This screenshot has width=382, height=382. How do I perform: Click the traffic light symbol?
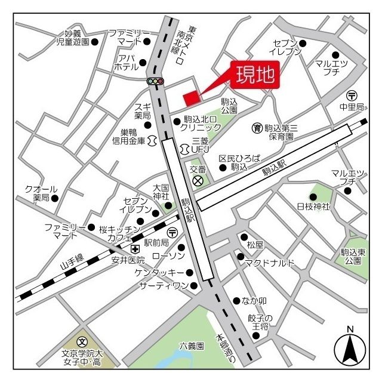click(x=155, y=81)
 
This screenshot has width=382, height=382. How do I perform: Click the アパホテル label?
click(x=126, y=62)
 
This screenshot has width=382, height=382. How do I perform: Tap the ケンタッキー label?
click(x=159, y=272)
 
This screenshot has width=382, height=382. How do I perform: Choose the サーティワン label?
click(x=163, y=286)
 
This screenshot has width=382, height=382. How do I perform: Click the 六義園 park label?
click(x=192, y=346)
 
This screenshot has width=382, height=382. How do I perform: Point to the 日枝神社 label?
click(x=313, y=207)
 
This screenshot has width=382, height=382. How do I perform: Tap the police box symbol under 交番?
click(x=198, y=181)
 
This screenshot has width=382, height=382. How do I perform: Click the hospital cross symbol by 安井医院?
click(x=135, y=249)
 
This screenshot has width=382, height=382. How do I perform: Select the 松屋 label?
click(x=255, y=245)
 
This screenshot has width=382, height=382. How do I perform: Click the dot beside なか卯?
click(x=237, y=300)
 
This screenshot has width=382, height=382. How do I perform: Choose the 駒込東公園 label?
click(x=352, y=256)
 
